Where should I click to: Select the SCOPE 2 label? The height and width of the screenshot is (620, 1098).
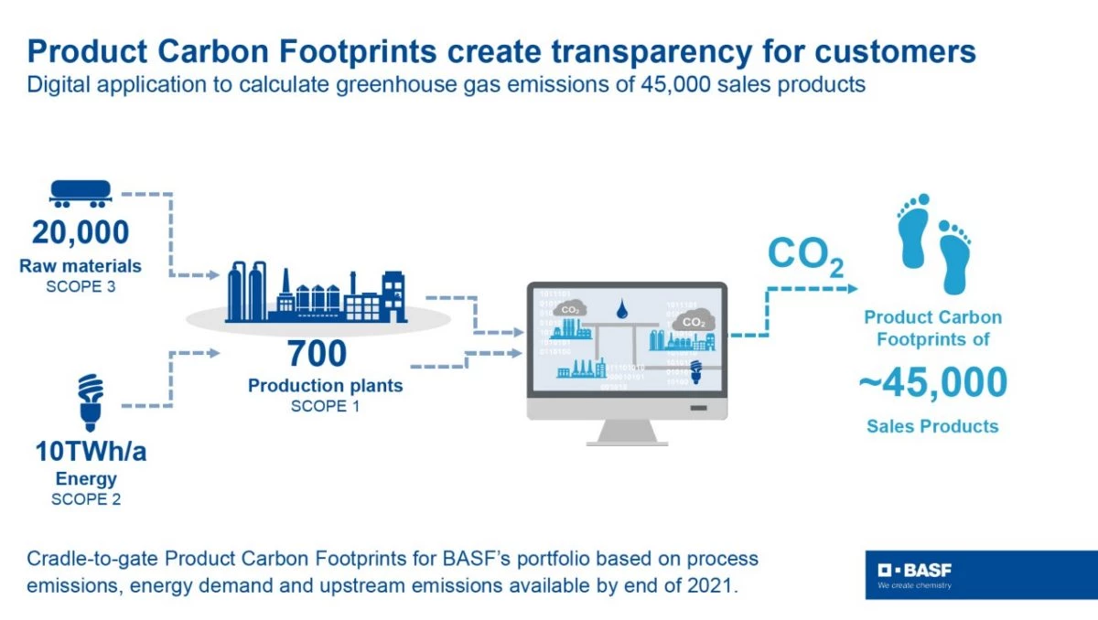[86, 499]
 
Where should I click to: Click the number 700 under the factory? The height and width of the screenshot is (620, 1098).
[318, 352]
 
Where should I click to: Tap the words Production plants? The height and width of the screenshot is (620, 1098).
[325, 386]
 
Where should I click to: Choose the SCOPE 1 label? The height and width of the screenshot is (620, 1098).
[325, 406]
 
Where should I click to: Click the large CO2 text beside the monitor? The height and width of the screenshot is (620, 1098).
[803, 255]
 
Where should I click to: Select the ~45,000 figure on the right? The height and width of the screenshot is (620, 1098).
[932, 383]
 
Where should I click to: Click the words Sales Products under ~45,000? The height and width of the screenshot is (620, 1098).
[932, 426]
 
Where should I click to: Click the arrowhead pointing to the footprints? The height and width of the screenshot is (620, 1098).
[853, 288]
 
